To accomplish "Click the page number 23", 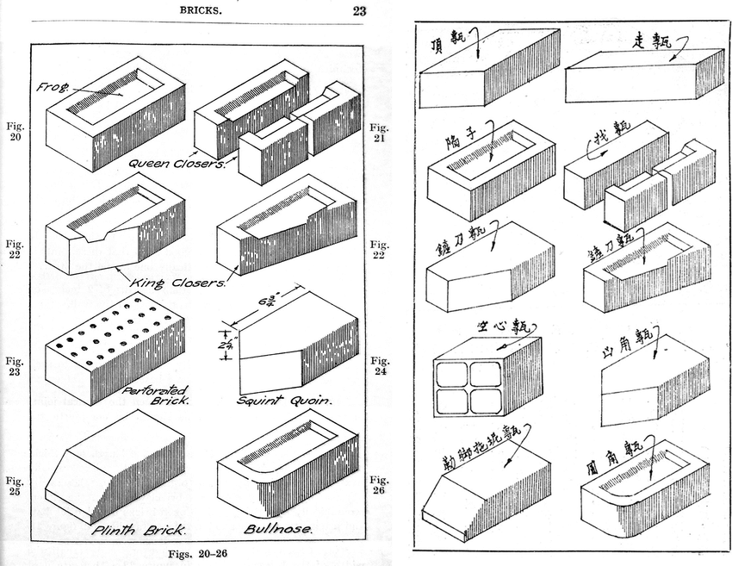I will coord(359,11).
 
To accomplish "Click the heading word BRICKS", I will coord(201,11).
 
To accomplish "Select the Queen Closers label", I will coord(177,162).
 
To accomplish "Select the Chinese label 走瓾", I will coord(652,40).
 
